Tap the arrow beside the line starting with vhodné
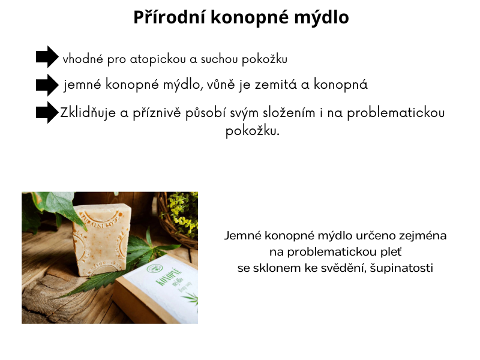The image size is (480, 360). point(47,57)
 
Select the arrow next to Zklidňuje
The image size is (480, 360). point(47,112)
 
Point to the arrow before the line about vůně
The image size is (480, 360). point(47,85)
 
